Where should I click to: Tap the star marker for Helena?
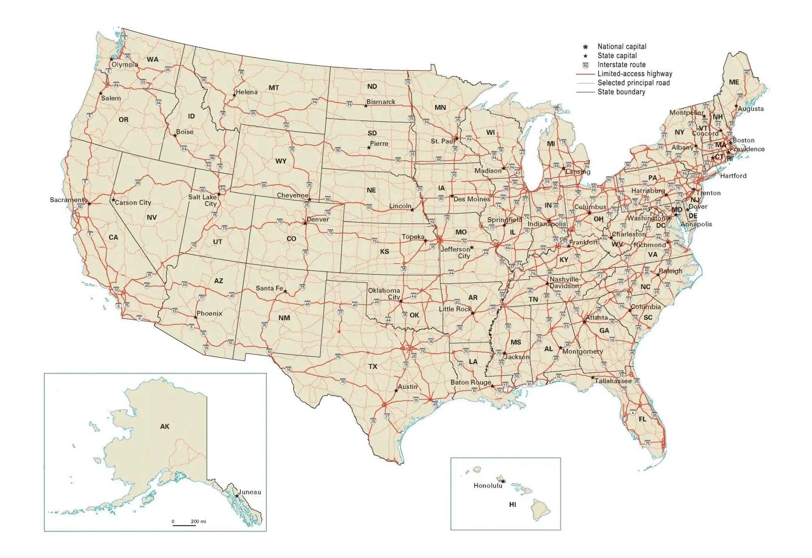pyautogui.click(x=234, y=96)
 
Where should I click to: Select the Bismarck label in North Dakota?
pyautogui.click(x=381, y=102)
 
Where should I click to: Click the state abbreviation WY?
pyautogui.click(x=281, y=161)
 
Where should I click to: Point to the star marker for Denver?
pyautogui.click(x=305, y=223)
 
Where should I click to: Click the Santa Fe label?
pyautogui.click(x=269, y=288)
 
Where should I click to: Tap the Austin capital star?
pyautogui.click(x=396, y=391)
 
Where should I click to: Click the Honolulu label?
pyautogui.click(x=488, y=485)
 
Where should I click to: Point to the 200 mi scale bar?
pyautogui.click(x=184, y=525)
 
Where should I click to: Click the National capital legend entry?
pyautogui.click(x=621, y=47)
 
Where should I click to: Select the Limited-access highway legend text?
pyautogui.click(x=634, y=74)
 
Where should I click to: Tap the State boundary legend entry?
pyautogui.click(x=621, y=92)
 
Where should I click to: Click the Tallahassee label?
pyautogui.click(x=613, y=381)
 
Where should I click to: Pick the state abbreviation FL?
pyautogui.click(x=642, y=419)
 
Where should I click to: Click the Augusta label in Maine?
pyautogui.click(x=750, y=109)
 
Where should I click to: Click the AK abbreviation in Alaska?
pyautogui.click(x=164, y=426)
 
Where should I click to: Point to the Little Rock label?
pyautogui.click(x=455, y=309)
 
